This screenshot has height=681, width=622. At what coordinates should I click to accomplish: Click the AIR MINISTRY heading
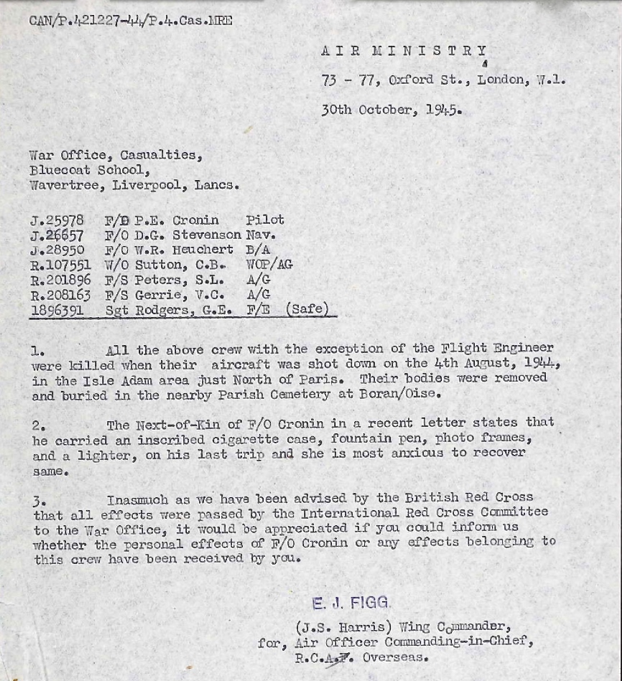pyautogui.click(x=404, y=52)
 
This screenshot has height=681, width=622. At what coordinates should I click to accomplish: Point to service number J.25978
pyautogui.click(x=57, y=220)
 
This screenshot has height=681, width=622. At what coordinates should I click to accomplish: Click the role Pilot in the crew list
pyautogui.click(x=265, y=220)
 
